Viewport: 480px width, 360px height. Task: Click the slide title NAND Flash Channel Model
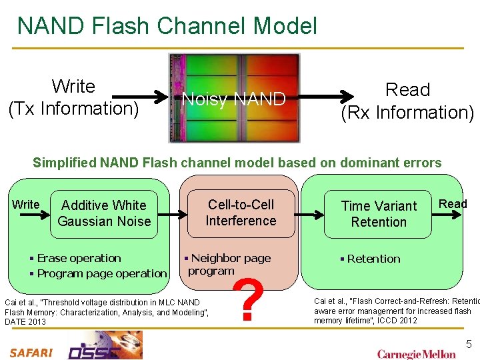pos(167,26)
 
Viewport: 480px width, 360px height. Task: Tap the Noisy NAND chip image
pos(233,99)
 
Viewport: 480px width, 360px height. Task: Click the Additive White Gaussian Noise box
pos(104,213)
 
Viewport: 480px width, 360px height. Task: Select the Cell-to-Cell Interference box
pos(241,213)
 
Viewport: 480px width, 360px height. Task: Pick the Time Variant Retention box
pos(378,214)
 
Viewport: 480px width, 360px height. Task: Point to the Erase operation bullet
pos(79,259)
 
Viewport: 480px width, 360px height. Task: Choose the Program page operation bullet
pos(101,274)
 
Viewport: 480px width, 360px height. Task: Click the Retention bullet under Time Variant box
pos(372,259)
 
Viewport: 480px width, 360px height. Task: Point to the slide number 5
pos(468,345)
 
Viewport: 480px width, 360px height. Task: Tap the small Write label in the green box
pos(26,205)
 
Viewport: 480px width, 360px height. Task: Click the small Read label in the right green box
pos(453,204)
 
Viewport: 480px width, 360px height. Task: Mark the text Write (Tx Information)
pos(73,97)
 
